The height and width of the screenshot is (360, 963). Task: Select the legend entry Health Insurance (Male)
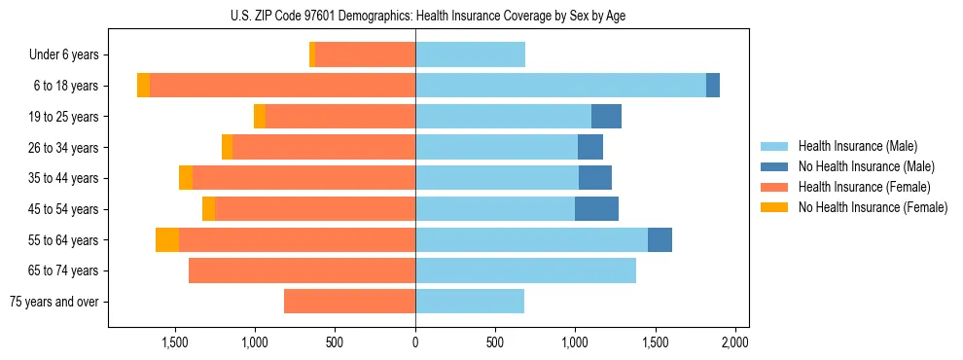click(857, 146)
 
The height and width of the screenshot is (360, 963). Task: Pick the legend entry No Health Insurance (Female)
click(873, 207)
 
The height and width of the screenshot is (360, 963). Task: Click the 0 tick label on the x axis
click(415, 342)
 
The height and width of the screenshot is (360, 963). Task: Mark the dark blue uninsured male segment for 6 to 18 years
click(713, 86)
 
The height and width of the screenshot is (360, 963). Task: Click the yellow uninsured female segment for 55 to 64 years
click(167, 240)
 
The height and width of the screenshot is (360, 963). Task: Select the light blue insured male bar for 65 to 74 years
click(525, 270)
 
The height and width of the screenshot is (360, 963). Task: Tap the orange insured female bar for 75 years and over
click(349, 302)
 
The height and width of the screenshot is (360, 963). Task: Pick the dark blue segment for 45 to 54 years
click(596, 209)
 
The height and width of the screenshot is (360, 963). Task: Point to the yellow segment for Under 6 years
click(312, 55)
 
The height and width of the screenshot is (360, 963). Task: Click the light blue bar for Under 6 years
click(470, 55)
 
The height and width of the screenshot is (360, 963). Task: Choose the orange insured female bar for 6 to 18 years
click(282, 86)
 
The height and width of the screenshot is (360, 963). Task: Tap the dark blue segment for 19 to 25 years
click(606, 117)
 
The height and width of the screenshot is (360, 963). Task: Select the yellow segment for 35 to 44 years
click(186, 178)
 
